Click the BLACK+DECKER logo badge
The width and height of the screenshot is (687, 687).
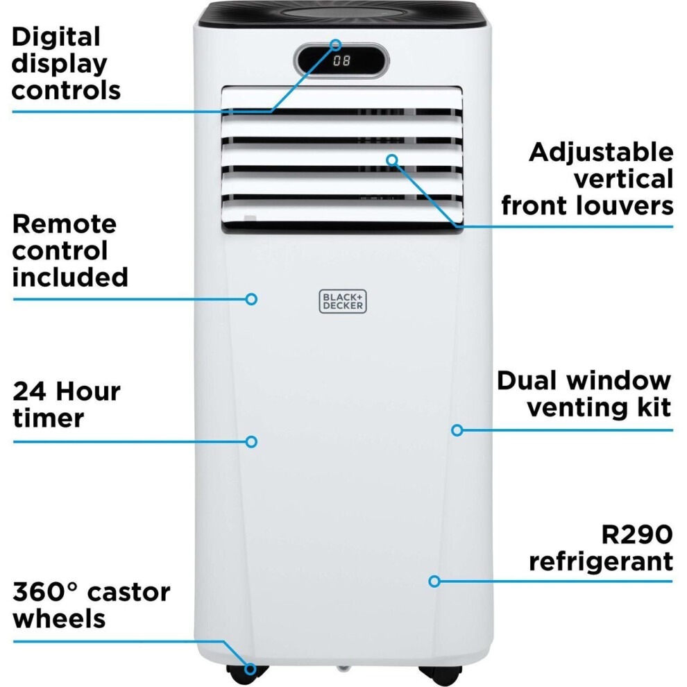(343, 301)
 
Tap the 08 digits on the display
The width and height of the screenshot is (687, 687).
(341, 60)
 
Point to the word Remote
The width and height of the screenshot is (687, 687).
(65, 224)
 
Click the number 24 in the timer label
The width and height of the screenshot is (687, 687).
(29, 391)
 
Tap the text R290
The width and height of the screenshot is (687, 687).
(637, 534)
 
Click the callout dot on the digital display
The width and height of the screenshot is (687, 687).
(336, 44)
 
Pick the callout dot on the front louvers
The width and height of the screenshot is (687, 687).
(392, 160)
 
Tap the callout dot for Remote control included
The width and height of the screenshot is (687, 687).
(251, 299)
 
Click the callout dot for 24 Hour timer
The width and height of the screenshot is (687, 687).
(251, 441)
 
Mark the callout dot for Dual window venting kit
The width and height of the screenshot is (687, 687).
(457, 430)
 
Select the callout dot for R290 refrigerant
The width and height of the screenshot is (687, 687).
(434, 582)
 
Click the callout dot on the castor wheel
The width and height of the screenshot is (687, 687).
(251, 669)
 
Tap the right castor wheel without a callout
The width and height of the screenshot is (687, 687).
(441, 674)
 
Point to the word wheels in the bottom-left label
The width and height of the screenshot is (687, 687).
(59, 619)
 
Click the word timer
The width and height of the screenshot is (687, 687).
(48, 418)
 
